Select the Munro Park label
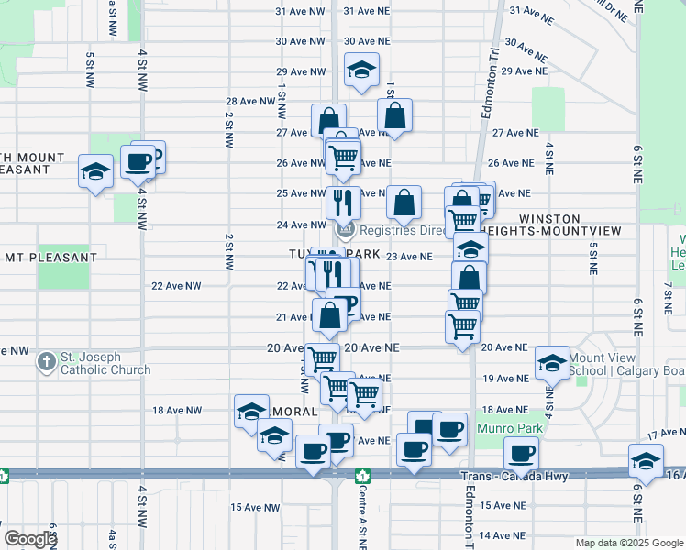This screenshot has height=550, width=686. click(x=509, y=428)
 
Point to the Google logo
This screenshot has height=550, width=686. click(x=29, y=539)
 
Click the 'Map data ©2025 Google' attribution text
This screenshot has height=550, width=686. click(x=628, y=543)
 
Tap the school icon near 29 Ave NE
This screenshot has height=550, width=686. click(x=361, y=70)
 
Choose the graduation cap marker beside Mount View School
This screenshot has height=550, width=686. click(x=553, y=364)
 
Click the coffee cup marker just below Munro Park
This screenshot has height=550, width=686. click(x=522, y=452)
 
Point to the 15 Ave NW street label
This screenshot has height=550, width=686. click(x=254, y=507)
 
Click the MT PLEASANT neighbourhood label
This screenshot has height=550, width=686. click(x=38, y=257)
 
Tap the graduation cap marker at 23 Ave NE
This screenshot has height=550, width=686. click(x=470, y=249)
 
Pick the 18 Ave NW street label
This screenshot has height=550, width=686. click(x=176, y=411)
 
